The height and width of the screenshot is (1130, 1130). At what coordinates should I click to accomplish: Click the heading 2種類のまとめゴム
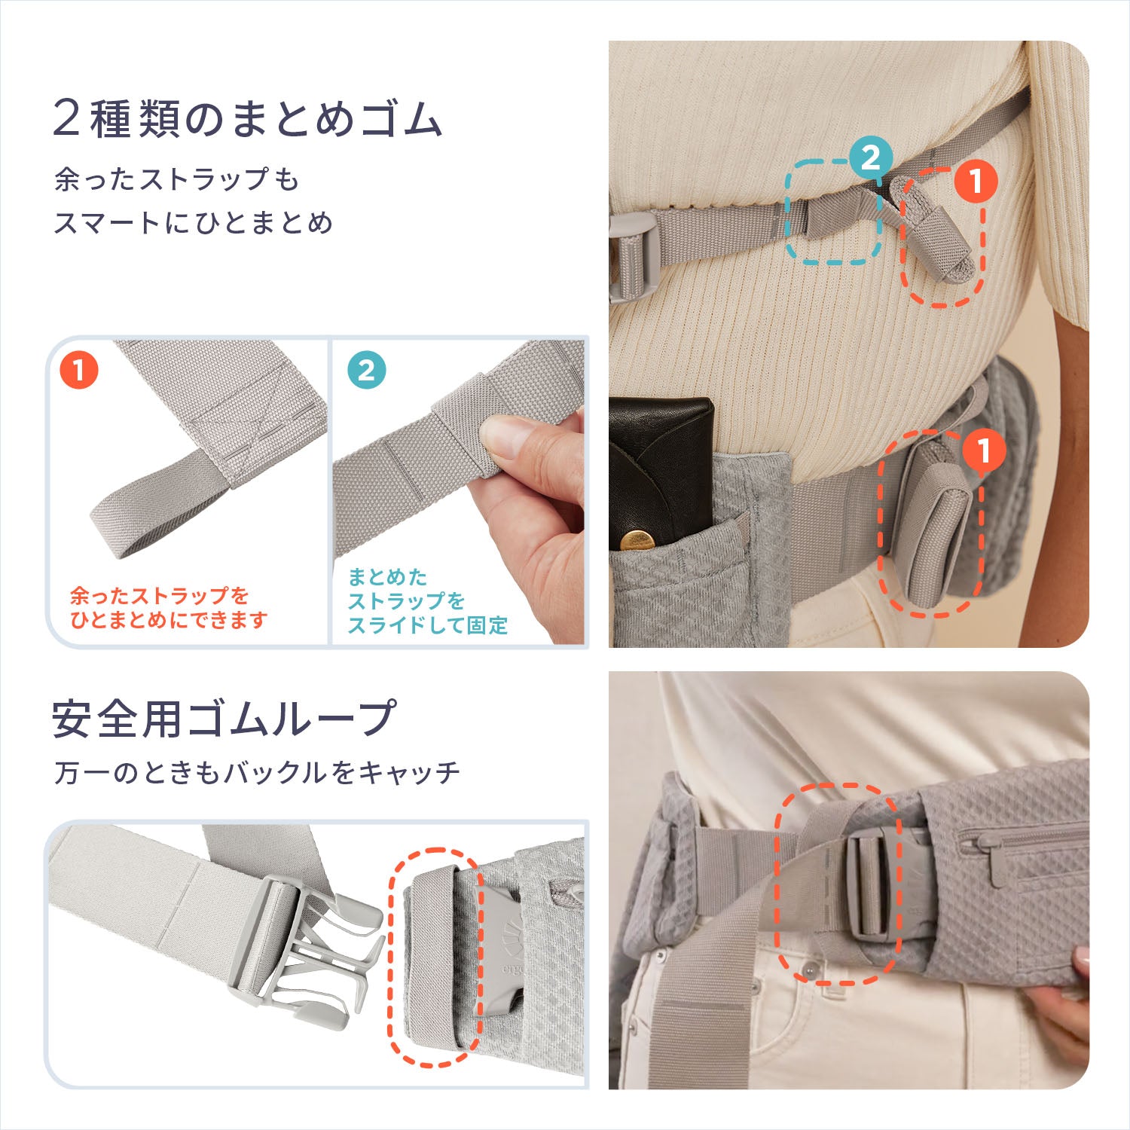247,120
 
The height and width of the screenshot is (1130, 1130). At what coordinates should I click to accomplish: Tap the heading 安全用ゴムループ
223,718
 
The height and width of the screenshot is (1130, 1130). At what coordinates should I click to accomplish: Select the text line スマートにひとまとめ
193,223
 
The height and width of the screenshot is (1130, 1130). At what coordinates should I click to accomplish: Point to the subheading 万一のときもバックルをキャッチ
257,772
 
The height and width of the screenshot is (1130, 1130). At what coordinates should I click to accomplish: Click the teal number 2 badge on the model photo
870,158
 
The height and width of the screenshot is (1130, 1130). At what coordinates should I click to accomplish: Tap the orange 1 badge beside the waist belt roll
982,450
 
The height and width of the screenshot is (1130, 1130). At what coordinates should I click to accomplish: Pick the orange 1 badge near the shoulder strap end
976,182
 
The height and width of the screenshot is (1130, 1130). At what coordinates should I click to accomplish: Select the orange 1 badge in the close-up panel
79,370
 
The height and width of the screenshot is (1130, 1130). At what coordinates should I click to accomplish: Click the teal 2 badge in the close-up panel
367,370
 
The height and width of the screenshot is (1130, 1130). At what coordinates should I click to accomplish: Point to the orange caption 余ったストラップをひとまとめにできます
169,608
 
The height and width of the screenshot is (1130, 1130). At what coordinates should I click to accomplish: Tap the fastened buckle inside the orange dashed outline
874,885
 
